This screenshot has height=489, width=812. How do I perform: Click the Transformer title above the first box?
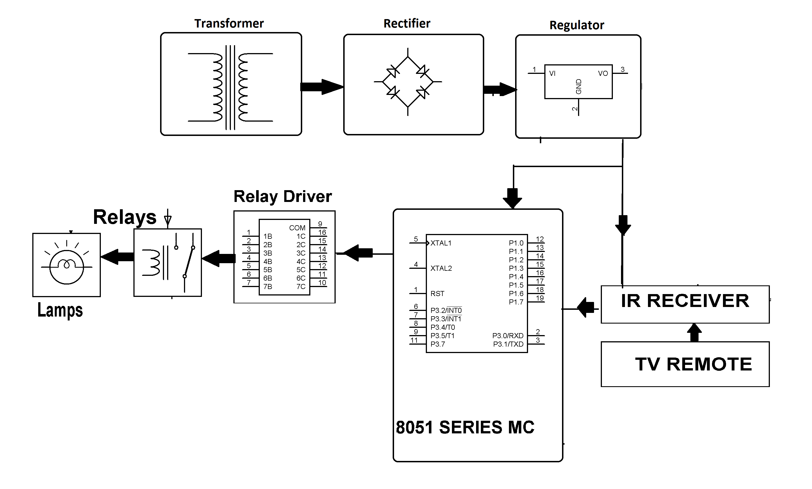pos(229,23)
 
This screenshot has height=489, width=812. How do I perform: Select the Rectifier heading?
pos(406,23)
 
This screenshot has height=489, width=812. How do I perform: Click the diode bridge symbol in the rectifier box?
pos(408,82)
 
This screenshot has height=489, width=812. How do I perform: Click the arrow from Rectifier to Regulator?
pos(499,89)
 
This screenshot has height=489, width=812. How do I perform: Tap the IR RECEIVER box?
pos(684,304)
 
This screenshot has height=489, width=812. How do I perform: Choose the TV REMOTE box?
pos(684,364)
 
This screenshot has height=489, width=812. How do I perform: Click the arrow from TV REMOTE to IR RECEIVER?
pos(694,332)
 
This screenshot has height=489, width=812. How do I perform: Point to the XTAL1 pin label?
pos(440,243)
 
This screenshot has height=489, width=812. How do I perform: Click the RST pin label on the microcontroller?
pos(437,294)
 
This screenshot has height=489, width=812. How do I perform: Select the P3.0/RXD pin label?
pos(507,335)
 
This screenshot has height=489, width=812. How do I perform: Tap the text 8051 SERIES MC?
pos(465,427)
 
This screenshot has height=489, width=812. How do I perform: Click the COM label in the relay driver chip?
pos(297,228)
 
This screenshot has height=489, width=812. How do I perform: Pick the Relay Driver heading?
pos(282,196)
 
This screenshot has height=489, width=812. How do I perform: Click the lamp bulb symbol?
pos(67,267)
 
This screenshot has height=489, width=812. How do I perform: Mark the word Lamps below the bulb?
pos(60,310)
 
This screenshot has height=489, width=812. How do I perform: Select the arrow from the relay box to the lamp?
pos(117,257)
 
